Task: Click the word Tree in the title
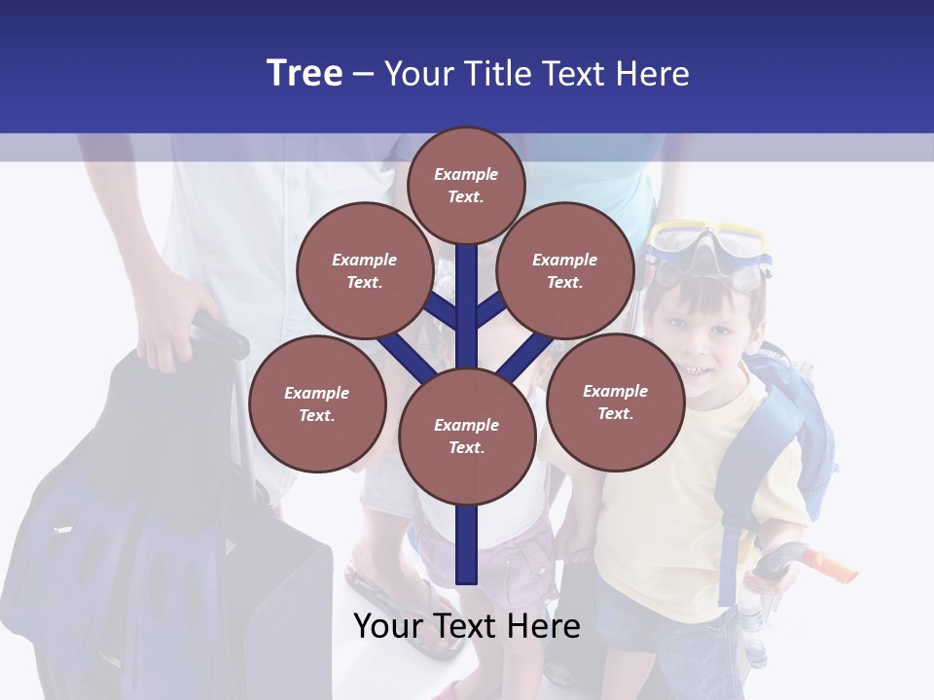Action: pyautogui.click(x=305, y=73)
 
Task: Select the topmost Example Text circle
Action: pyautogui.click(x=466, y=185)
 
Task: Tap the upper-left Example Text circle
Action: pyautogui.click(x=365, y=271)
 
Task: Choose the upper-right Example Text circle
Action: pyautogui.click(x=565, y=271)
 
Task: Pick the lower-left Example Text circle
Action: pyautogui.click(x=317, y=404)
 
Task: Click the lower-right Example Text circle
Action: pyautogui.click(x=616, y=402)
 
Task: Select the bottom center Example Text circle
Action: pyautogui.click(x=467, y=436)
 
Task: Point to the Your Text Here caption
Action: pyautogui.click(x=467, y=626)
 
